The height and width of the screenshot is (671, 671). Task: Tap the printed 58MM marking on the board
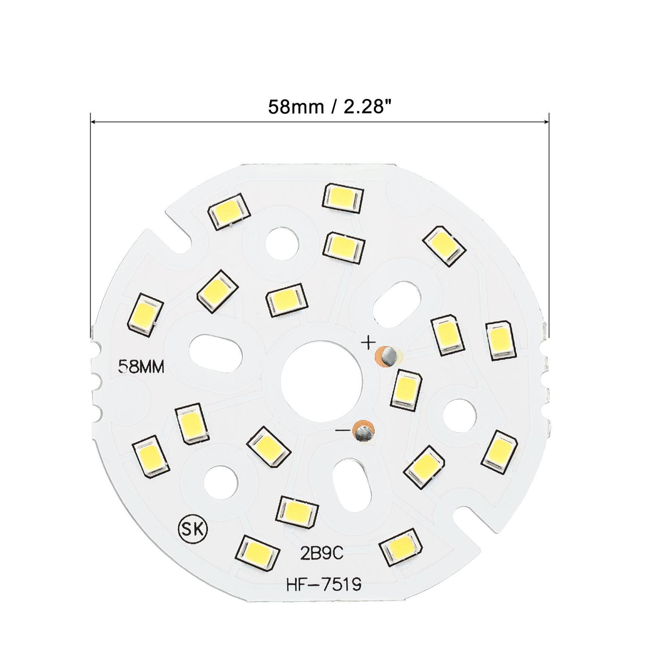pyautogui.click(x=142, y=367)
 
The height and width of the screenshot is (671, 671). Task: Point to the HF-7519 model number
pyautogui.click(x=323, y=586)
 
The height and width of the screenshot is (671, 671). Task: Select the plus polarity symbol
pyautogui.click(x=368, y=343)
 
